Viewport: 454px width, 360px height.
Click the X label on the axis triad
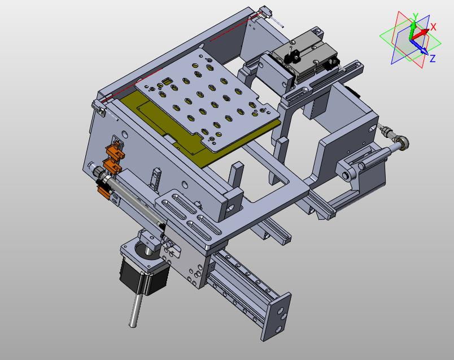pyautogui.click(x=433, y=27)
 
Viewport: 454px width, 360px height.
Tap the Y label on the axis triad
pyautogui.click(x=415, y=16)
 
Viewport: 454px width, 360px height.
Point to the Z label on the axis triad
pyautogui.click(x=433, y=59)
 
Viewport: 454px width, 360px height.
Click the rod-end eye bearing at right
pyautogui.click(x=403, y=142)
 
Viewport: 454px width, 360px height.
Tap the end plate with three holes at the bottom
pyautogui.click(x=276, y=316)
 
